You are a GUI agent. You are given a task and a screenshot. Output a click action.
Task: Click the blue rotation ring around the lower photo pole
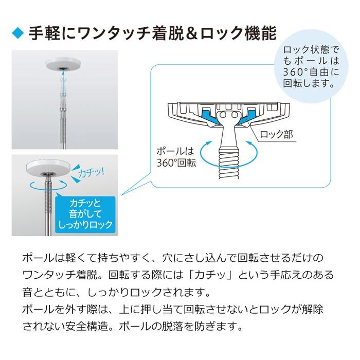click(x=49, y=186)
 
